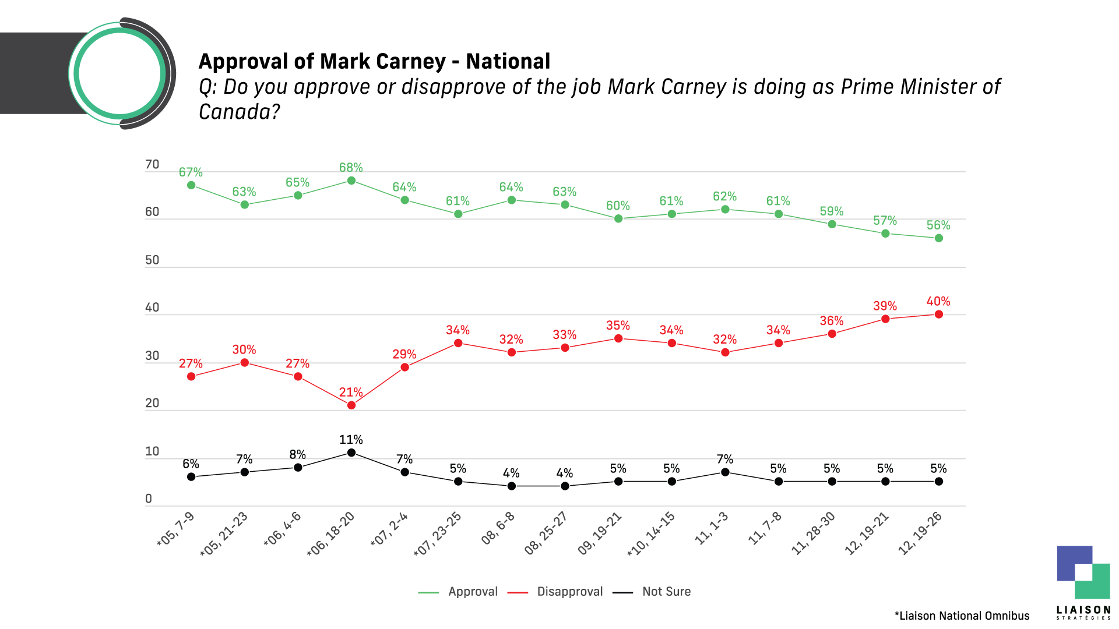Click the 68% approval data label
(x=351, y=168)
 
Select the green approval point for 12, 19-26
(x=938, y=238)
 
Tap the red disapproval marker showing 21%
(x=351, y=405)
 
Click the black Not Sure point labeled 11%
(x=351, y=453)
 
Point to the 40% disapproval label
(x=938, y=302)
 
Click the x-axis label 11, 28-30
(x=814, y=533)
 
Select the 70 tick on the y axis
(x=152, y=165)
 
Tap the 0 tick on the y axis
(x=149, y=499)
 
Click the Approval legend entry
(x=473, y=592)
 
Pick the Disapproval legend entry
(x=569, y=592)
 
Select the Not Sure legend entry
(x=666, y=592)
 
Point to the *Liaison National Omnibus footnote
(x=962, y=616)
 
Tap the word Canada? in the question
(x=240, y=111)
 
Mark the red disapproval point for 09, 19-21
(x=618, y=338)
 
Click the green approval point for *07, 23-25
(x=458, y=214)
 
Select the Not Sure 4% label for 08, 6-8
(x=511, y=473)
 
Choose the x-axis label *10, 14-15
(x=652, y=533)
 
